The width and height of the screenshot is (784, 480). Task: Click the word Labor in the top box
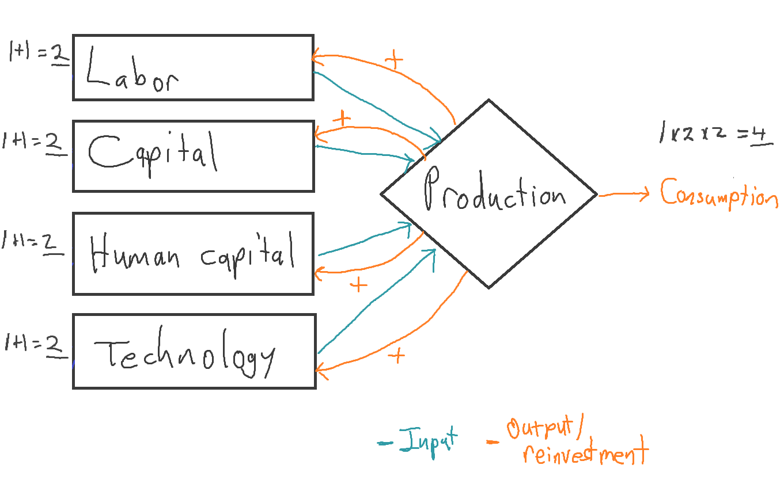pyautogui.click(x=132, y=70)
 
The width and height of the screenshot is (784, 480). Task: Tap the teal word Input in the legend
pyautogui.click(x=429, y=442)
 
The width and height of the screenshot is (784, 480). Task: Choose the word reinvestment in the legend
pyautogui.click(x=585, y=452)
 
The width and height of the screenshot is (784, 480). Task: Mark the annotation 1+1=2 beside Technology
pyautogui.click(x=36, y=345)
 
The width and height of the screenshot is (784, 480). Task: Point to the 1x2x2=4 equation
pyautogui.click(x=715, y=134)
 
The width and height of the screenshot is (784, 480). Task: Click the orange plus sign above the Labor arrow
pyautogui.click(x=394, y=59)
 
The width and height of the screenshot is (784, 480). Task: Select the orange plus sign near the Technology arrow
pyautogui.click(x=397, y=356)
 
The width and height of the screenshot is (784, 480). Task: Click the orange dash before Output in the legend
pyautogui.click(x=493, y=442)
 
